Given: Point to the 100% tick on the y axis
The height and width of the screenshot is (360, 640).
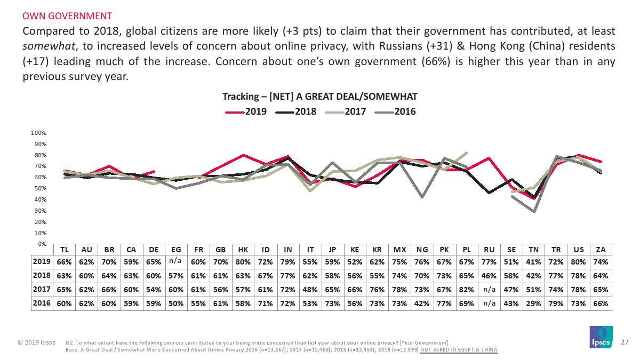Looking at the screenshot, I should coord(39,132).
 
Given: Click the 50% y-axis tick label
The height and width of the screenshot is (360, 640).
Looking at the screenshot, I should coord(41,188).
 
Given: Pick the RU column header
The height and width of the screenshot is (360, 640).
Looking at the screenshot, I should coord(489,249).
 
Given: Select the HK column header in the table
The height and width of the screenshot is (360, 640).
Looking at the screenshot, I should coord(243,249).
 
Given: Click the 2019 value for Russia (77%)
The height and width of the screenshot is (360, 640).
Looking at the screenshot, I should coord(489,262).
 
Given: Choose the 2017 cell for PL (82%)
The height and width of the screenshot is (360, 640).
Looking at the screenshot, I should coord(467,290).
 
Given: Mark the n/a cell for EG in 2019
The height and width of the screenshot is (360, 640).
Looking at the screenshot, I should coord(175,262).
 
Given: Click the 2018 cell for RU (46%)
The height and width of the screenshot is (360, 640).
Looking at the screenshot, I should coord(489,276).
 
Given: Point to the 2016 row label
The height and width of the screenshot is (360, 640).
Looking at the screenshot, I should coord(42,303).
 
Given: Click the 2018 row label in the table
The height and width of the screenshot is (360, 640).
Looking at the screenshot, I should coord(42,276).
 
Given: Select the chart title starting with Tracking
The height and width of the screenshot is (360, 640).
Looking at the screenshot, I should coord(319,97).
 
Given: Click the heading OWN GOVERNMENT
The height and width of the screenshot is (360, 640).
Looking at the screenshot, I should coord(67,15).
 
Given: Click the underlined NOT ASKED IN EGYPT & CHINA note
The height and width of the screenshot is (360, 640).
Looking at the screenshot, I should coord(459,350).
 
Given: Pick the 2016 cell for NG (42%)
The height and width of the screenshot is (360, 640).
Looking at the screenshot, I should coord(422,303).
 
